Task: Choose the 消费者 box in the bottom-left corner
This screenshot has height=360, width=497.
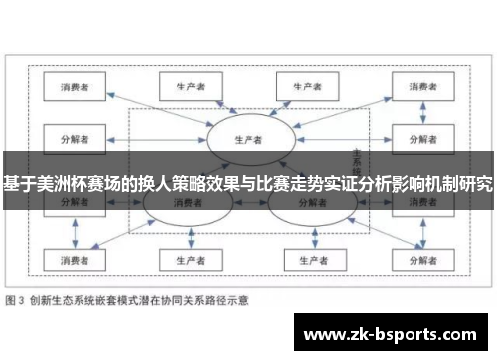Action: click(x=76, y=261)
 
